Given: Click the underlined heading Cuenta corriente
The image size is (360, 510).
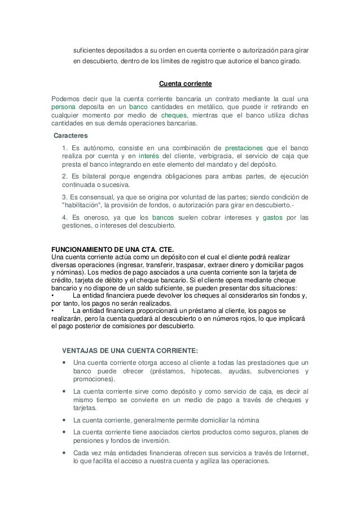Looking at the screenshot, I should [x=185, y=84].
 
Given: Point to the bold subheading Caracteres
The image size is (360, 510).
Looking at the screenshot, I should [x=70, y=136].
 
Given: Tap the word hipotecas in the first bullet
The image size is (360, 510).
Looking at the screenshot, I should [x=209, y=371].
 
